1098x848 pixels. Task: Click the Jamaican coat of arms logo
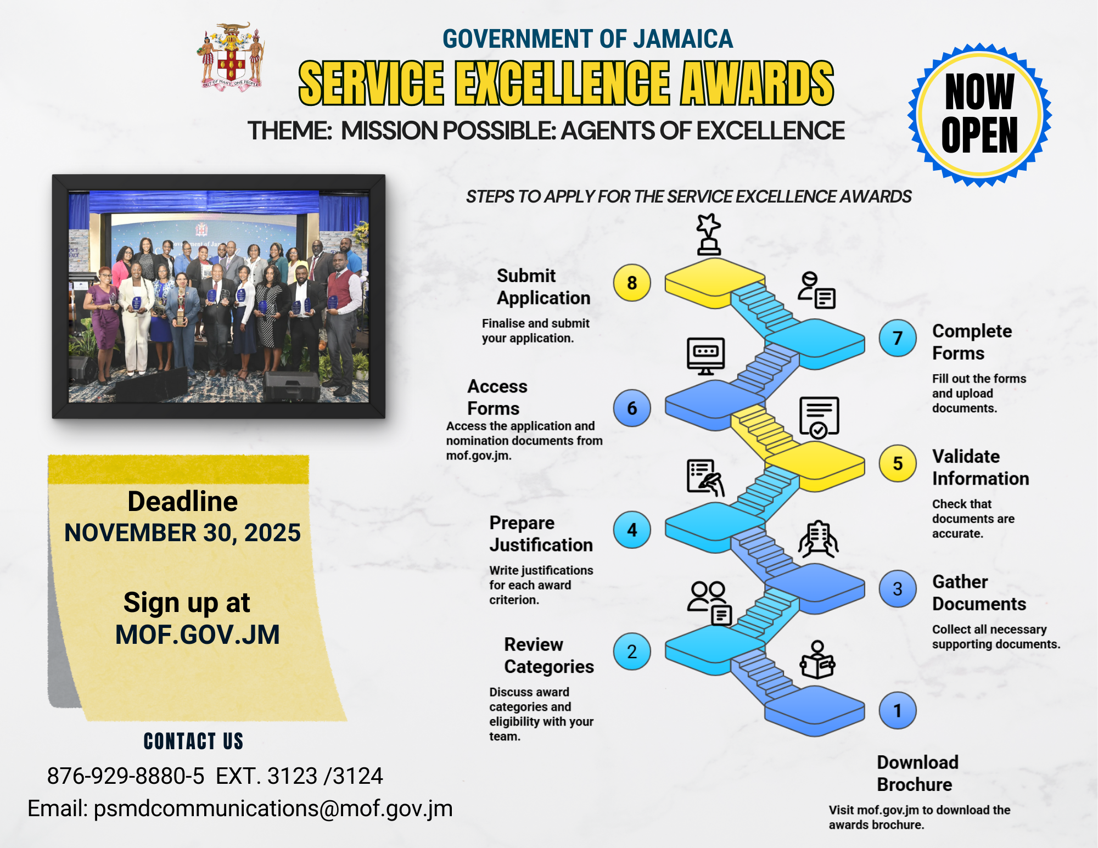[231, 56]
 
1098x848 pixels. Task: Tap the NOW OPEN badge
[979, 115]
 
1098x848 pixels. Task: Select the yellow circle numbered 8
[632, 283]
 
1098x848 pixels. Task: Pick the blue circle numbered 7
[898, 338]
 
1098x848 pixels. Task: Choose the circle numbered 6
[632, 408]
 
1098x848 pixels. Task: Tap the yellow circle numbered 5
[898, 463]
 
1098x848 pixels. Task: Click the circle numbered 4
[632, 530]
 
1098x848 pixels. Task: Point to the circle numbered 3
[898, 589]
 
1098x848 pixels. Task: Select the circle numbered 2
[632, 652]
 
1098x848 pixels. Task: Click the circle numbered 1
[898, 711]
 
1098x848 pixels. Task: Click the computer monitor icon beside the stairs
[706, 356]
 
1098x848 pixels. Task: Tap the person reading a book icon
[817, 660]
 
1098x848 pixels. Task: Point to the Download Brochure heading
[917, 773]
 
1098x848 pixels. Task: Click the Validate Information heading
[981, 467]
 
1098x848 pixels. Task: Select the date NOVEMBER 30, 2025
[182, 532]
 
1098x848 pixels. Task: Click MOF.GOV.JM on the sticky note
[197, 634]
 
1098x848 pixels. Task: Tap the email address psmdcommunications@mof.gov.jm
[273, 809]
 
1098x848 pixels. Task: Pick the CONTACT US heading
[193, 741]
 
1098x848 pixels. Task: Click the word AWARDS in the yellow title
[757, 83]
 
